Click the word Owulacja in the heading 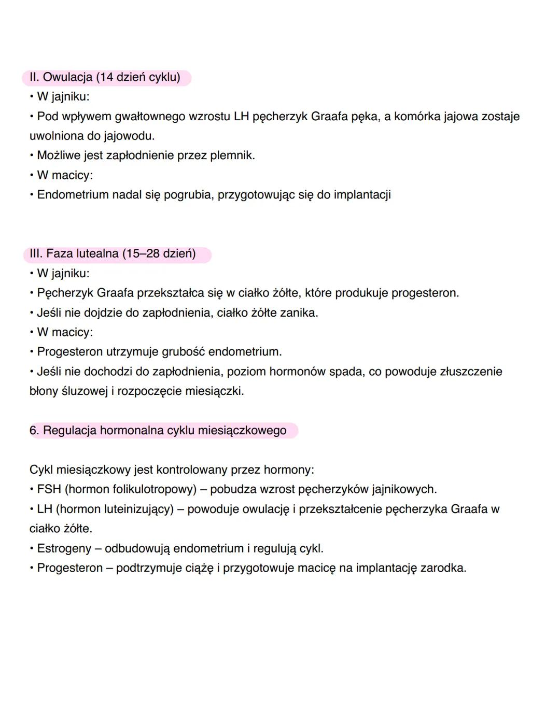click(67, 77)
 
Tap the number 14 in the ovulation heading click(106, 77)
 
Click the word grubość click(183, 352)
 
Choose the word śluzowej click(84, 391)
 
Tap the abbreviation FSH click(49, 490)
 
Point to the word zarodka click(443, 568)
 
